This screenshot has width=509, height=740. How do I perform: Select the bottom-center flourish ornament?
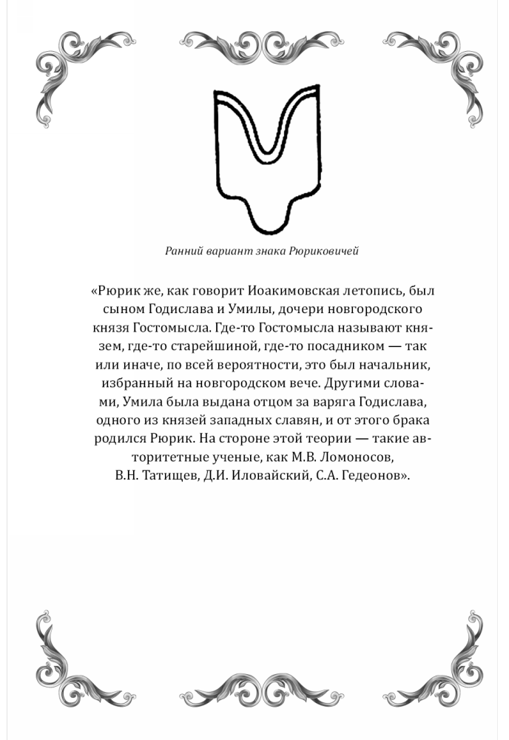[x=255, y=691]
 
